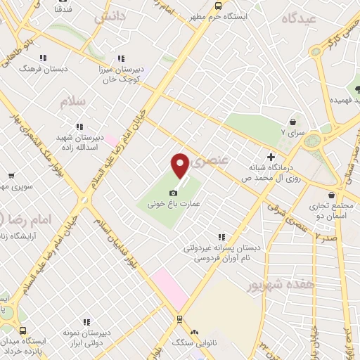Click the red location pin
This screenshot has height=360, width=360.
pyautogui.click(x=181, y=166)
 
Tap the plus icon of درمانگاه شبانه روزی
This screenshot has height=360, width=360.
pyautogui.click(x=270, y=157)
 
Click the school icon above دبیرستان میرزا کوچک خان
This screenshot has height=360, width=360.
pyautogui.click(x=121, y=58)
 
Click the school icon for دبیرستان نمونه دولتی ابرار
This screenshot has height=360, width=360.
pyautogui.click(x=86, y=321)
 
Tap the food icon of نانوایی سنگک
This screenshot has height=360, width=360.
pyautogui.click(x=195, y=332)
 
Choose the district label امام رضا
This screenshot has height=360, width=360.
pyautogui.click(x=32, y=220)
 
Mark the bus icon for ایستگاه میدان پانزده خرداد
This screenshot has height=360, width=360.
pyautogui.click(x=23, y=331)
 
